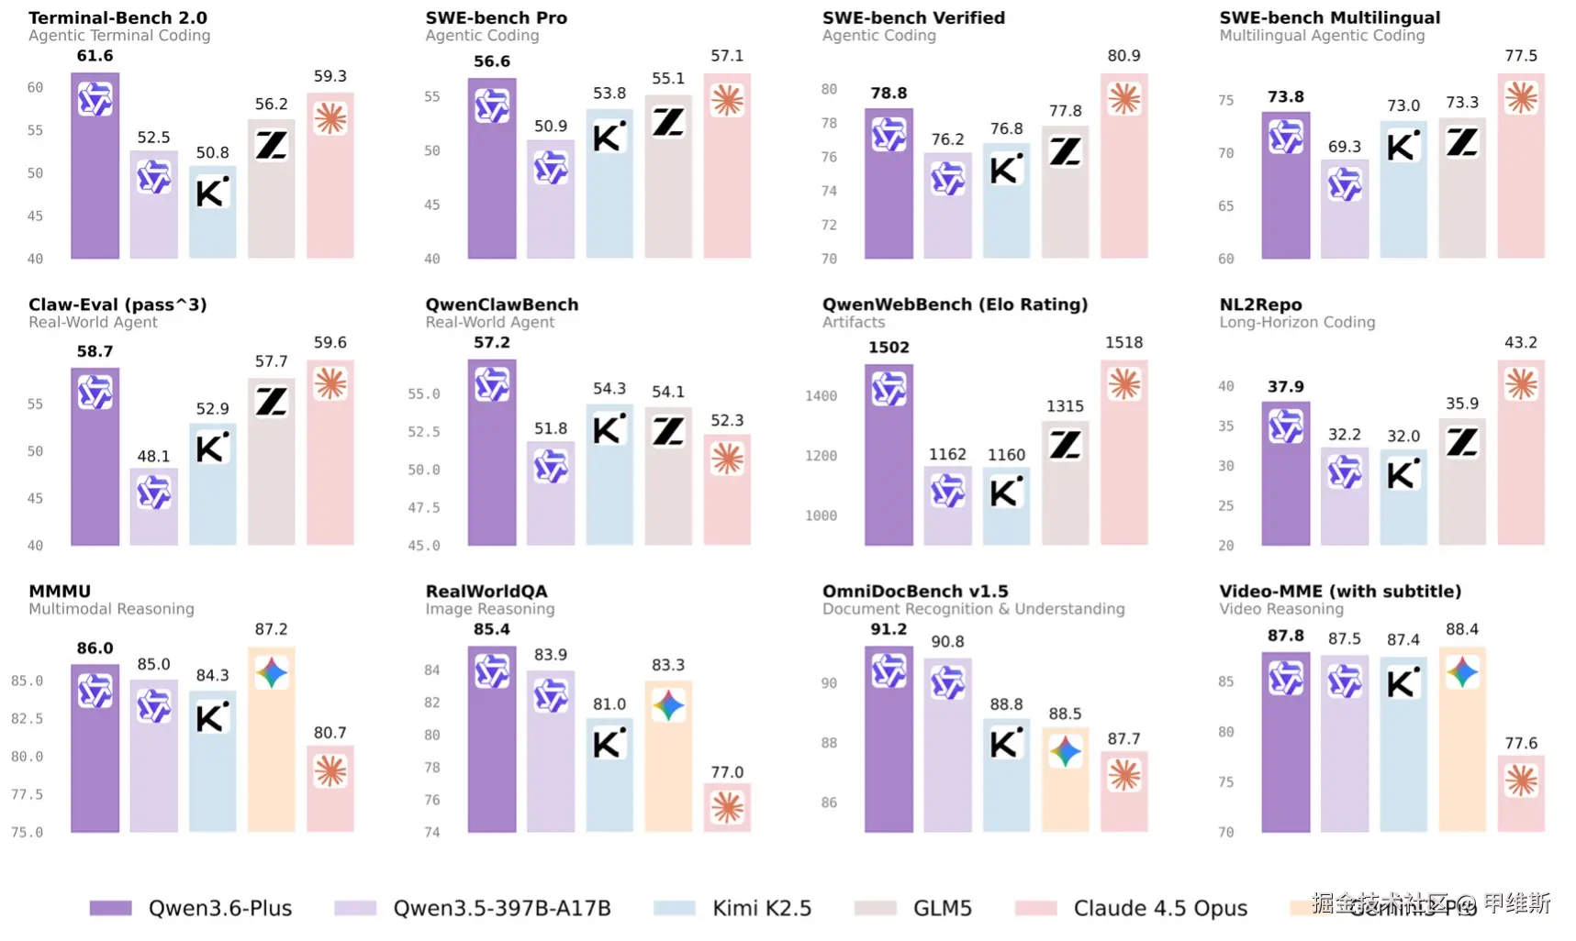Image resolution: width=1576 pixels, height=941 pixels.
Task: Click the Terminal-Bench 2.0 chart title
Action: click(117, 17)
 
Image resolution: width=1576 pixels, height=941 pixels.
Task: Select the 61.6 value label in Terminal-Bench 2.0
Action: click(95, 56)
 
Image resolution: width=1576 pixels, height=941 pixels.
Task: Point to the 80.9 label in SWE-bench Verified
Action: click(1123, 56)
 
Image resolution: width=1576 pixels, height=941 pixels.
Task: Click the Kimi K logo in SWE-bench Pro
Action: click(609, 137)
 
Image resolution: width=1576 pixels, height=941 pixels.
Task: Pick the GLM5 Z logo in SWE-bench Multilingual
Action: click(1462, 142)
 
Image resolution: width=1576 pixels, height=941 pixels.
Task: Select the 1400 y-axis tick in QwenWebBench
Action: click(821, 396)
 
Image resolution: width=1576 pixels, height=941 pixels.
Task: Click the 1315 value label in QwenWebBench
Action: click(1065, 406)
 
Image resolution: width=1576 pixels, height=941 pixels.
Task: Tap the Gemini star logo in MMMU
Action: click(272, 673)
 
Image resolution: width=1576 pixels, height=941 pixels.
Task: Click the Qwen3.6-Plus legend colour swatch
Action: click(110, 908)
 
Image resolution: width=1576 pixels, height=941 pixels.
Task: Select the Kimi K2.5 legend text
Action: click(762, 908)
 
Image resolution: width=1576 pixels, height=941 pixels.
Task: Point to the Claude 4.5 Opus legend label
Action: click(1160, 908)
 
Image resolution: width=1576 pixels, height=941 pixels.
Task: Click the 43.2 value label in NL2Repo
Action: click(1520, 343)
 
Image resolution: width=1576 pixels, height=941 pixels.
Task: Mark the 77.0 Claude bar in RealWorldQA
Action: click(727, 808)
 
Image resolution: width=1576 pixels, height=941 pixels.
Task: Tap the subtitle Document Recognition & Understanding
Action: click(973, 609)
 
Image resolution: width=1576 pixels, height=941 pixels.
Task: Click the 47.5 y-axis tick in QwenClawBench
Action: click(423, 508)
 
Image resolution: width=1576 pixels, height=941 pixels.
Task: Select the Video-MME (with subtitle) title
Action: click(1339, 592)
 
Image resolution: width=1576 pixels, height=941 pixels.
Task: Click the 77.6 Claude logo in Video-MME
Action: click(1521, 780)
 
